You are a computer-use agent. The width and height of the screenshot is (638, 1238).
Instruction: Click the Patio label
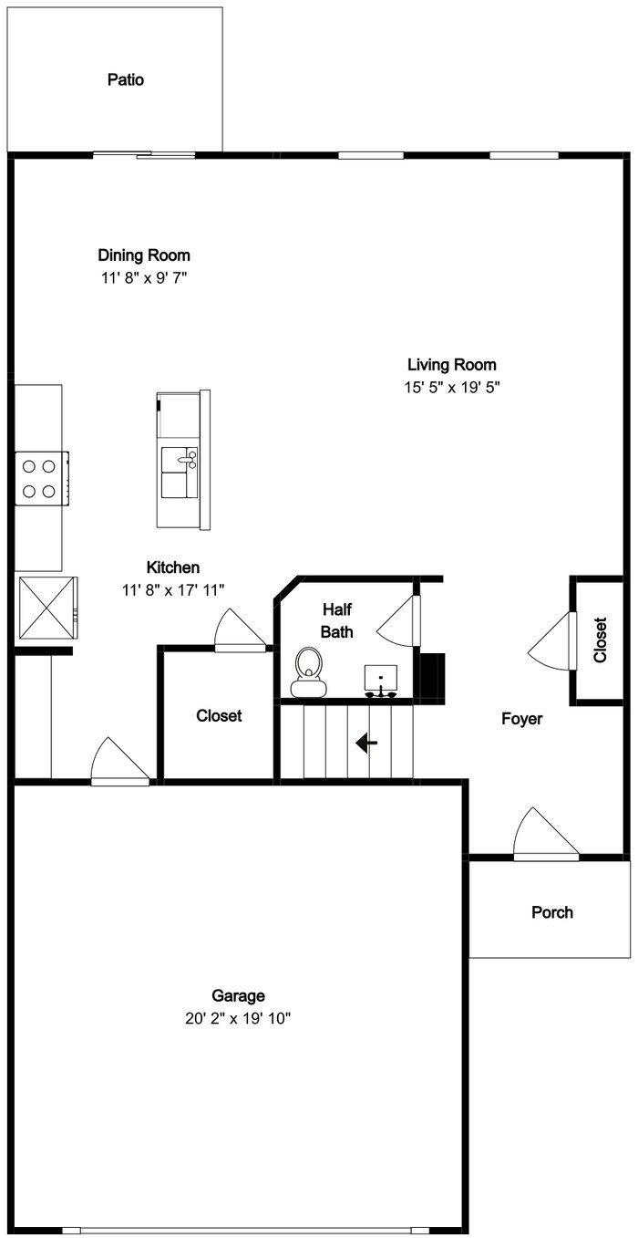click(126, 79)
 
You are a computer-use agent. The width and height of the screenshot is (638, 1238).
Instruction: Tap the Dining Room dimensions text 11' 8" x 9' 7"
click(144, 277)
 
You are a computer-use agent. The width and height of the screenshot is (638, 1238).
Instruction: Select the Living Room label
click(452, 365)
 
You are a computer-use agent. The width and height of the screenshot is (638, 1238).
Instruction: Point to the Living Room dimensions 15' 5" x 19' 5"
click(452, 388)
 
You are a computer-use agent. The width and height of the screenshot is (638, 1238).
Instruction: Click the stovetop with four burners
click(41, 478)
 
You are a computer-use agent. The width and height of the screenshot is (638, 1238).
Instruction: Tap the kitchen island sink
click(179, 472)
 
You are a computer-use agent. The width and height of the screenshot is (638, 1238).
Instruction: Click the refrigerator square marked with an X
click(48, 608)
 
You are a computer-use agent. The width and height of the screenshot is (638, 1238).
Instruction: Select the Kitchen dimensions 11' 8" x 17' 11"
click(173, 590)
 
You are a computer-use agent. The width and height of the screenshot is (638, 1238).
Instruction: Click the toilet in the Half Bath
click(309, 672)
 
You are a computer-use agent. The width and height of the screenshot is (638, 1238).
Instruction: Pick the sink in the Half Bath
click(381, 680)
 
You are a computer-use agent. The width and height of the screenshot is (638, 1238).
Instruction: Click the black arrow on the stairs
click(366, 743)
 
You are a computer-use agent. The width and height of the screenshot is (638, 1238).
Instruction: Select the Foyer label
click(521, 719)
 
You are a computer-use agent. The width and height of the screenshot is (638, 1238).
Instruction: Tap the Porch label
click(551, 912)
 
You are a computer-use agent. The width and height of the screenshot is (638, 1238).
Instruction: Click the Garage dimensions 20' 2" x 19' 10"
click(238, 1018)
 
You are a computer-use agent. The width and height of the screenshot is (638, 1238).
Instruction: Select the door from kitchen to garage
click(120, 761)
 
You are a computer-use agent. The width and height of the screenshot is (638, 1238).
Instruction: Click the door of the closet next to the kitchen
click(240, 630)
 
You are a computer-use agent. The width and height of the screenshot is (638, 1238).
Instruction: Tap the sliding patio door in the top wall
click(144, 155)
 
